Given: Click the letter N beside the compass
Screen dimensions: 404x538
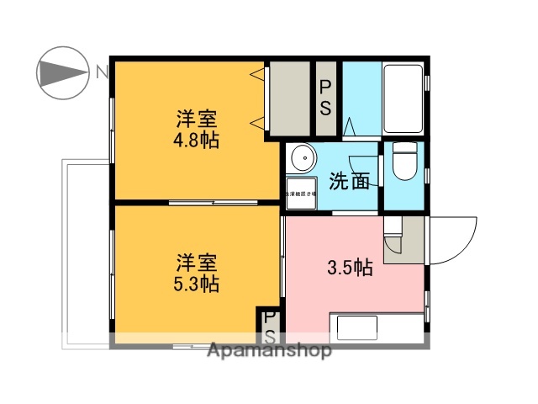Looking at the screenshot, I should click(x=101, y=72).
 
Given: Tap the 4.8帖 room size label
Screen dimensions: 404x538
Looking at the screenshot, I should click(x=196, y=140).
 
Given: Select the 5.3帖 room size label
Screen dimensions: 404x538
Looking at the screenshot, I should click(x=196, y=284).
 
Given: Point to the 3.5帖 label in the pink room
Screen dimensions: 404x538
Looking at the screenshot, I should click(x=350, y=268).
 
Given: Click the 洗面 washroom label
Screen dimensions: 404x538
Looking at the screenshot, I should click(x=349, y=180).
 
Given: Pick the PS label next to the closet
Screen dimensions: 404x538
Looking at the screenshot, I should click(x=325, y=98).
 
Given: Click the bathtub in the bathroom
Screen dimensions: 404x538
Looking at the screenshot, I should click(x=404, y=99).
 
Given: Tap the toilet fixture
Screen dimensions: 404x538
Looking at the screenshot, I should click(x=404, y=166).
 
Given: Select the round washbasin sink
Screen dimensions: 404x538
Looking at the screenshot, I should click(x=300, y=159).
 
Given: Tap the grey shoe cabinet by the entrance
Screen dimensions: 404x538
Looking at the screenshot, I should click(x=403, y=237).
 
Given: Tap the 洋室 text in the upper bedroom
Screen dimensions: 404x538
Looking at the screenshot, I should click(x=196, y=120).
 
